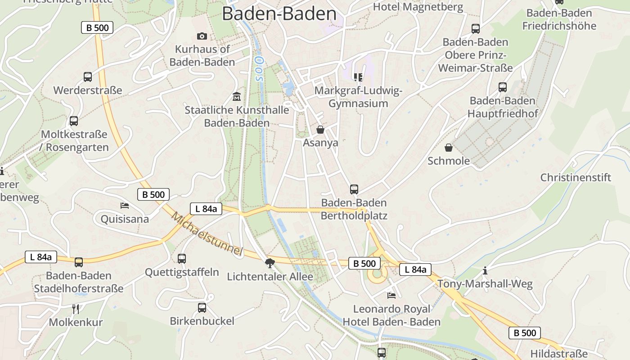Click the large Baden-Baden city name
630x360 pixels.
(279, 14)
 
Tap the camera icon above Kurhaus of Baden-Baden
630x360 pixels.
(202, 36)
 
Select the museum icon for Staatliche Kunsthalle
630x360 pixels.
(237, 96)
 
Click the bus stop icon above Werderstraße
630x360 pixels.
(88, 77)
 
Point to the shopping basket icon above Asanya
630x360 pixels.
(320, 130)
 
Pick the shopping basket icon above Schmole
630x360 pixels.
(449, 148)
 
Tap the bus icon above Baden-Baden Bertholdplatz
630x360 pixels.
(354, 189)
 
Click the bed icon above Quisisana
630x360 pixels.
(125, 206)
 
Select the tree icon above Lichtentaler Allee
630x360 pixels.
(270, 263)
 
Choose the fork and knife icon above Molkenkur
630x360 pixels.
(76, 309)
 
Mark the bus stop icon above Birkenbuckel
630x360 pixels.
(202, 308)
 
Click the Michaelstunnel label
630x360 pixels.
(207, 234)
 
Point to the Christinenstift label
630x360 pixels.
(576, 177)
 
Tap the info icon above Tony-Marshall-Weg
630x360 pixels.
(485, 270)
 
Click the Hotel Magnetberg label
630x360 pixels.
(418, 7)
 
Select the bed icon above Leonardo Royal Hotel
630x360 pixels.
(391, 296)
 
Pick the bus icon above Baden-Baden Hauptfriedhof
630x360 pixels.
(503, 87)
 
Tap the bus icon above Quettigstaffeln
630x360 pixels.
(182, 259)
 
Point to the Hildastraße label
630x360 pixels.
(559, 353)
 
